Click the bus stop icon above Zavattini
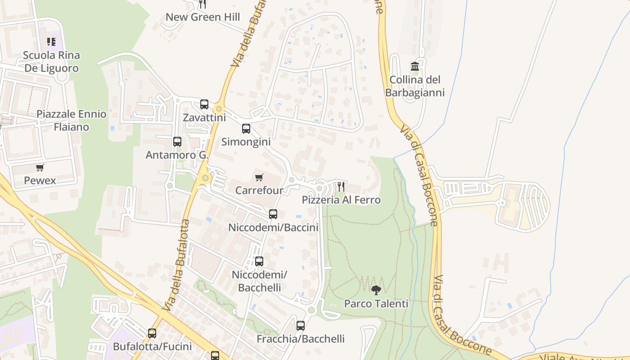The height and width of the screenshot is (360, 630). click(204, 104)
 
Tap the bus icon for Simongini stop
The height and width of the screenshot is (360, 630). click(246, 129)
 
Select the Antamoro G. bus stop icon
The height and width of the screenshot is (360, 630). click(177, 142)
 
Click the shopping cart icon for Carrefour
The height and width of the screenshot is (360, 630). click(259, 177)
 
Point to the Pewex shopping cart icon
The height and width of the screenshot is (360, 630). click(40, 168)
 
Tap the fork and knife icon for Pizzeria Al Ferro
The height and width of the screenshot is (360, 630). click(341, 186)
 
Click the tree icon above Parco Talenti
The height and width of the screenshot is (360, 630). click(376, 290)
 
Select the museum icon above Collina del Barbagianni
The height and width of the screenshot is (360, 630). click(415, 67)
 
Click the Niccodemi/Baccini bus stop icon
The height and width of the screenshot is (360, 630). click(273, 214)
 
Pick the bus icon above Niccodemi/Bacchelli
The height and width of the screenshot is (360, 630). click(259, 261)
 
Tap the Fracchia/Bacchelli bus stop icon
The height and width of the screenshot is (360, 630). click(301, 325)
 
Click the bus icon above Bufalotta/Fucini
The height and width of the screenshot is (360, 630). click(152, 333)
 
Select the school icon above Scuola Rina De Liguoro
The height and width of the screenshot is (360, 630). click(51, 42)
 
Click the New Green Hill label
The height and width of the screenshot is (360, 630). click(202, 17)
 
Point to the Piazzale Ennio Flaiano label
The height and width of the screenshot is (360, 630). click(72, 120)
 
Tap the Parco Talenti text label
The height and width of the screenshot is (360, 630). click(376, 304)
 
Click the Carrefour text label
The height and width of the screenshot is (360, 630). click(259, 190)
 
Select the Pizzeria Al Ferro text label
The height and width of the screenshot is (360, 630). click(341, 200)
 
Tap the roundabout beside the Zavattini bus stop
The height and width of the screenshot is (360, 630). click(219, 108)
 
